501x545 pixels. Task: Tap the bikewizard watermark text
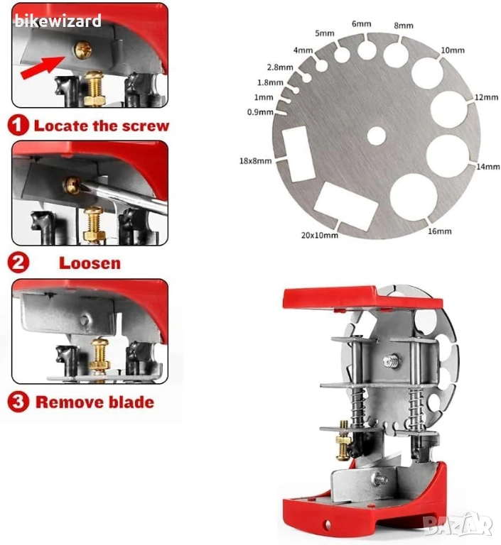tap(58, 21)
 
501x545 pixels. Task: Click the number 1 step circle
tap(18, 125)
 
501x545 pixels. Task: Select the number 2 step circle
tap(18, 263)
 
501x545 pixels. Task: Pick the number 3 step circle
tap(18, 402)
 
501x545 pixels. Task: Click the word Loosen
tap(90, 263)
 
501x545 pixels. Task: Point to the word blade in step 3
tap(131, 402)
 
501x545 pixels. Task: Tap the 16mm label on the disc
tap(439, 231)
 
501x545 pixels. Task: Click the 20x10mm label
tap(319, 236)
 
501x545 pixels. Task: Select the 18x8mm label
tap(255, 161)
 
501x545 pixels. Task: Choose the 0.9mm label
tap(260, 112)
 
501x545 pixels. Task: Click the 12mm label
tap(486, 97)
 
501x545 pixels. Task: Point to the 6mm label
tap(362, 23)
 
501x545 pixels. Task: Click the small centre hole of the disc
tap(377, 136)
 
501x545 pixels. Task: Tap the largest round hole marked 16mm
tap(414, 197)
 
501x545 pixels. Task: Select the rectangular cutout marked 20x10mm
tap(345, 206)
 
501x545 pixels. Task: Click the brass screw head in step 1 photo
tap(83, 50)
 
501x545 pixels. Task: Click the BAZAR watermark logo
tap(458, 524)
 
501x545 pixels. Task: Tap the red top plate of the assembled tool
tap(362, 298)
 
